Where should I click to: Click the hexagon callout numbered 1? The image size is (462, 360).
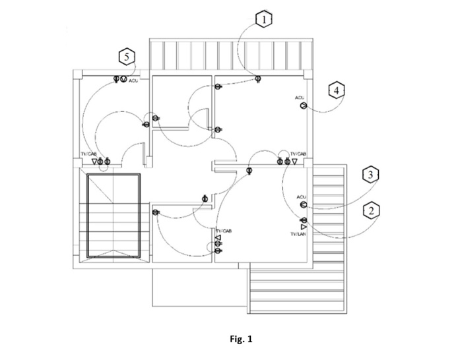[264, 19]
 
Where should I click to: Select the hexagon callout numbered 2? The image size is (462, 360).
[371, 211]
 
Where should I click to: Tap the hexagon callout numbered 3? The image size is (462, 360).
[371, 175]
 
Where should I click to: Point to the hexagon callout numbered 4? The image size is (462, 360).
[336, 90]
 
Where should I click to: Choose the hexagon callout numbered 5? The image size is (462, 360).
[127, 57]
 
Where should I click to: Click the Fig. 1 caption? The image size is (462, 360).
[241, 340]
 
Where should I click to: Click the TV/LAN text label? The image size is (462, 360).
[298, 235]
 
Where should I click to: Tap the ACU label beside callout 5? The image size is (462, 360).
[133, 81]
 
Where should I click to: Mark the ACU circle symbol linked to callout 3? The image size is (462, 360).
[303, 205]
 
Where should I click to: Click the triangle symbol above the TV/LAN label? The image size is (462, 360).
[304, 227]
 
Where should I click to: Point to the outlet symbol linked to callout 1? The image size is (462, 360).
[257, 80]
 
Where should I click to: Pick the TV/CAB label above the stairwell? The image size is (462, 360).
[88, 154]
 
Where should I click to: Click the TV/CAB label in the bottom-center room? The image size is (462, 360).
[224, 231]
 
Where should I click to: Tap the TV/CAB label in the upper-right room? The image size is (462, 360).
[298, 153]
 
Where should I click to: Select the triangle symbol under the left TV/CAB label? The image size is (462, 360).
[94, 161]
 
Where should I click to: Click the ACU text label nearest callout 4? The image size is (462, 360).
[300, 98]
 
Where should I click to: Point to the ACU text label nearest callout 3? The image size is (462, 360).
[302, 197]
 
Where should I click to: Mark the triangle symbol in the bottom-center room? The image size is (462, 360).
[218, 237]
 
